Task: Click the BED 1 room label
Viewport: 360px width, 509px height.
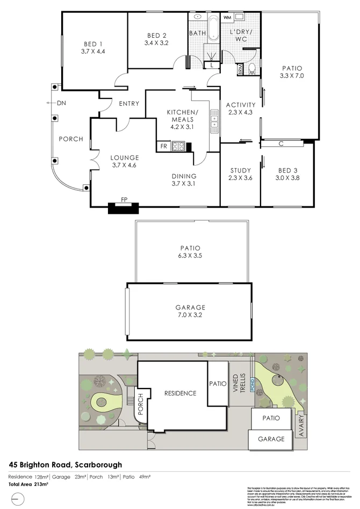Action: click(x=93, y=44)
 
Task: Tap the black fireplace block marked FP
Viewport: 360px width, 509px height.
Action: click(x=124, y=207)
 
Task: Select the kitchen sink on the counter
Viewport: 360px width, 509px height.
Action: click(x=214, y=120)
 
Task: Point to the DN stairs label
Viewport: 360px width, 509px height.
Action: click(x=62, y=103)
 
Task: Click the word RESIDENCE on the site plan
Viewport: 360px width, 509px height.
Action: click(x=180, y=393)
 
